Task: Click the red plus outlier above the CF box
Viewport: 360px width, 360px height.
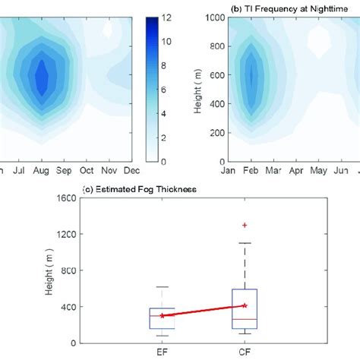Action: point(245,225)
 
